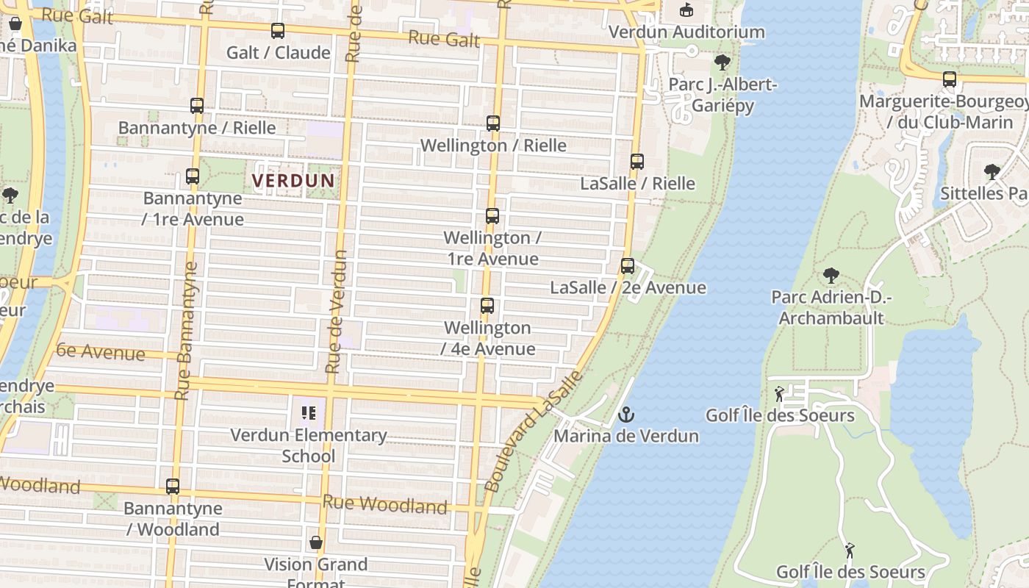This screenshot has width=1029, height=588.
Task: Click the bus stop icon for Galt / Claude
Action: click(277, 31)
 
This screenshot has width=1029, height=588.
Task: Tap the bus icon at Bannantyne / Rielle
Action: click(196, 106)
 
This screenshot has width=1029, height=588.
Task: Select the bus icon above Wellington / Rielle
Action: click(492, 123)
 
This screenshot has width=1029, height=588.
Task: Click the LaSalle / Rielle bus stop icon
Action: click(637, 162)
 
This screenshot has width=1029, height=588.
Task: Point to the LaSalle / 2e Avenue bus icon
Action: click(627, 266)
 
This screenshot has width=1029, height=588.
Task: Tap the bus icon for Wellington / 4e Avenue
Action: click(487, 306)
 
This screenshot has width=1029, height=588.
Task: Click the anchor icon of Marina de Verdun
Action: click(625, 415)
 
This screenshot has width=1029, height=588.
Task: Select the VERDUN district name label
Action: click(293, 180)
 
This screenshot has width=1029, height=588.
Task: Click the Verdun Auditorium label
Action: click(686, 32)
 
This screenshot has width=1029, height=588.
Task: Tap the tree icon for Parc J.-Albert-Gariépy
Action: click(722, 62)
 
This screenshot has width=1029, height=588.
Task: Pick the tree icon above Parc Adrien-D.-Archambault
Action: click(831, 276)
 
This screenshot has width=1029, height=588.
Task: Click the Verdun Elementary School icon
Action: click(309, 413)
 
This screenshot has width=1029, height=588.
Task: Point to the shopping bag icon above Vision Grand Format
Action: click(315, 543)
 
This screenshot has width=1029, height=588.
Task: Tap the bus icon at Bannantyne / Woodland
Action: click(172, 487)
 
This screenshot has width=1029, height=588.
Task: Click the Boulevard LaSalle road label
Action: click(534, 432)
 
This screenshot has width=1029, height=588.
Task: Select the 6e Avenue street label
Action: click(101, 351)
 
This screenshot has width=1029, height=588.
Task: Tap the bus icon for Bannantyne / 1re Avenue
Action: click(192, 176)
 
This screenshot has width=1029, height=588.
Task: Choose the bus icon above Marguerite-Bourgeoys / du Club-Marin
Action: click(949, 79)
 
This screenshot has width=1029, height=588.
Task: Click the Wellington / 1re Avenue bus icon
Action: click(492, 216)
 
